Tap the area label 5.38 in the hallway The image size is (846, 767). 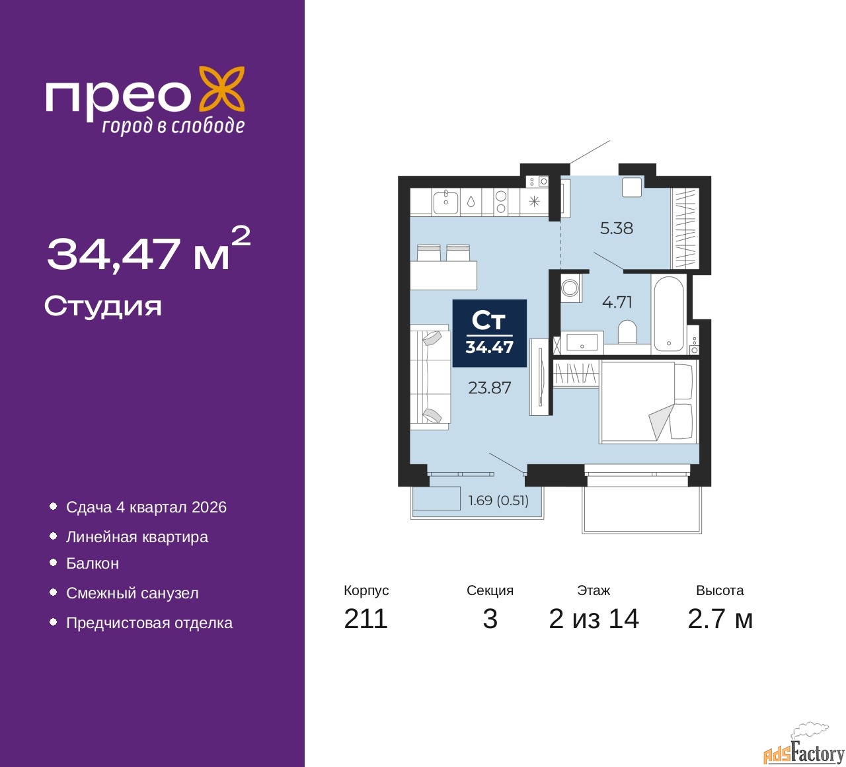[x=616, y=228]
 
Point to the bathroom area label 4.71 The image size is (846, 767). [x=617, y=302]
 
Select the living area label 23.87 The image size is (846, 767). [x=489, y=388]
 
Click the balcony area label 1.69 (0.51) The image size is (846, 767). [x=498, y=501]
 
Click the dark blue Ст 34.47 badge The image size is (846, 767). [x=489, y=333]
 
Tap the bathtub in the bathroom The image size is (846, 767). [x=669, y=314]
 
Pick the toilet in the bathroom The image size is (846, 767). [x=627, y=331]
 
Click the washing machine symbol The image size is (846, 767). [x=570, y=288]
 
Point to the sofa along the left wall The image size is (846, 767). [x=429, y=376]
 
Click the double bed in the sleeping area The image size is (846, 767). [x=648, y=401]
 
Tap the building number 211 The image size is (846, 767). [x=365, y=619]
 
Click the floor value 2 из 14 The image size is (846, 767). [x=594, y=619]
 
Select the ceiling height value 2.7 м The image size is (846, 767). [x=720, y=619]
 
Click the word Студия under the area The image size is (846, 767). [x=103, y=306]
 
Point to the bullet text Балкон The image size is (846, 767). [x=93, y=563]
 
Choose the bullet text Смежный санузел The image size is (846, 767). [x=132, y=593]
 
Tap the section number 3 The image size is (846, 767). [x=490, y=619]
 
